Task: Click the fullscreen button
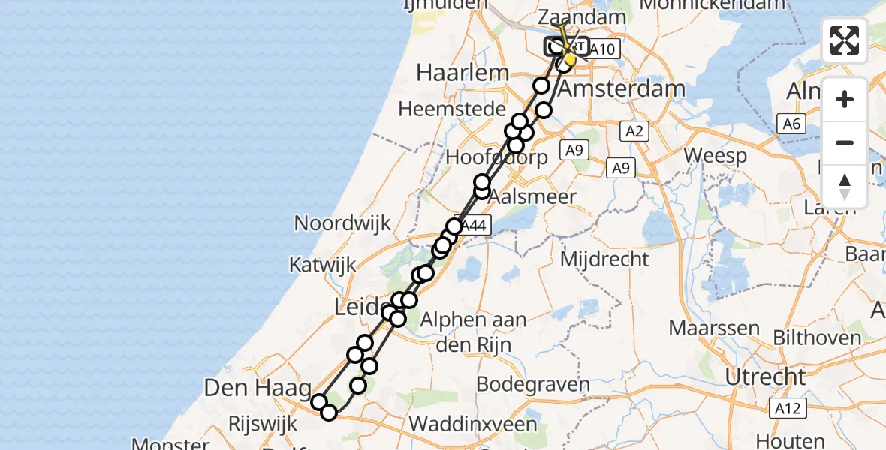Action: point(845,40)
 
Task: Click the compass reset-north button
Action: point(845,185)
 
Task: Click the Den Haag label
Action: point(258,388)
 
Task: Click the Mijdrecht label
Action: point(605,259)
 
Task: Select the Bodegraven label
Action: point(523,385)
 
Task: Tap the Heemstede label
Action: point(452,109)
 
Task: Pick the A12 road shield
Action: point(787,408)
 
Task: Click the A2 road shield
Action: point(634,132)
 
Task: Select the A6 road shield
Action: point(791,124)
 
